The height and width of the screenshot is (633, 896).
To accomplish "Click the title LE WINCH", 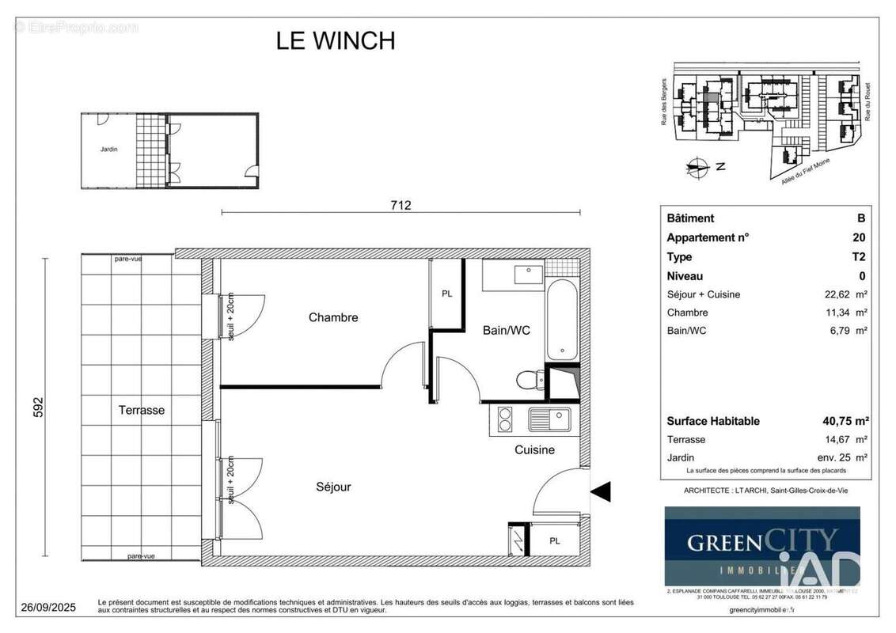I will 335,40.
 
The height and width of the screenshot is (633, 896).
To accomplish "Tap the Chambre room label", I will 333,317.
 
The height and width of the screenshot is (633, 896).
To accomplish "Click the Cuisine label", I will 534,449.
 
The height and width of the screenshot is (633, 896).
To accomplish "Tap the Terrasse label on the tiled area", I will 142,410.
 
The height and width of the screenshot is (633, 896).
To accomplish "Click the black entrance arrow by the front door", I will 602,492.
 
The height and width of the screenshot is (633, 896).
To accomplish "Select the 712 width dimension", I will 401,205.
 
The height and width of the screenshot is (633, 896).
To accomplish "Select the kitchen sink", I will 549,418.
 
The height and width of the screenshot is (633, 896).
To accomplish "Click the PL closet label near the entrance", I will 554,541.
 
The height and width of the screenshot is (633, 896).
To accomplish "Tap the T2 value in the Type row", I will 858,256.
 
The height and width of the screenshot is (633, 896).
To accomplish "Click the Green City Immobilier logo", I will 761,546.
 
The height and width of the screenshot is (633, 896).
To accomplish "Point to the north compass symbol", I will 697,167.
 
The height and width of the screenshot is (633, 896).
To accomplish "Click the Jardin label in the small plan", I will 108,149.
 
